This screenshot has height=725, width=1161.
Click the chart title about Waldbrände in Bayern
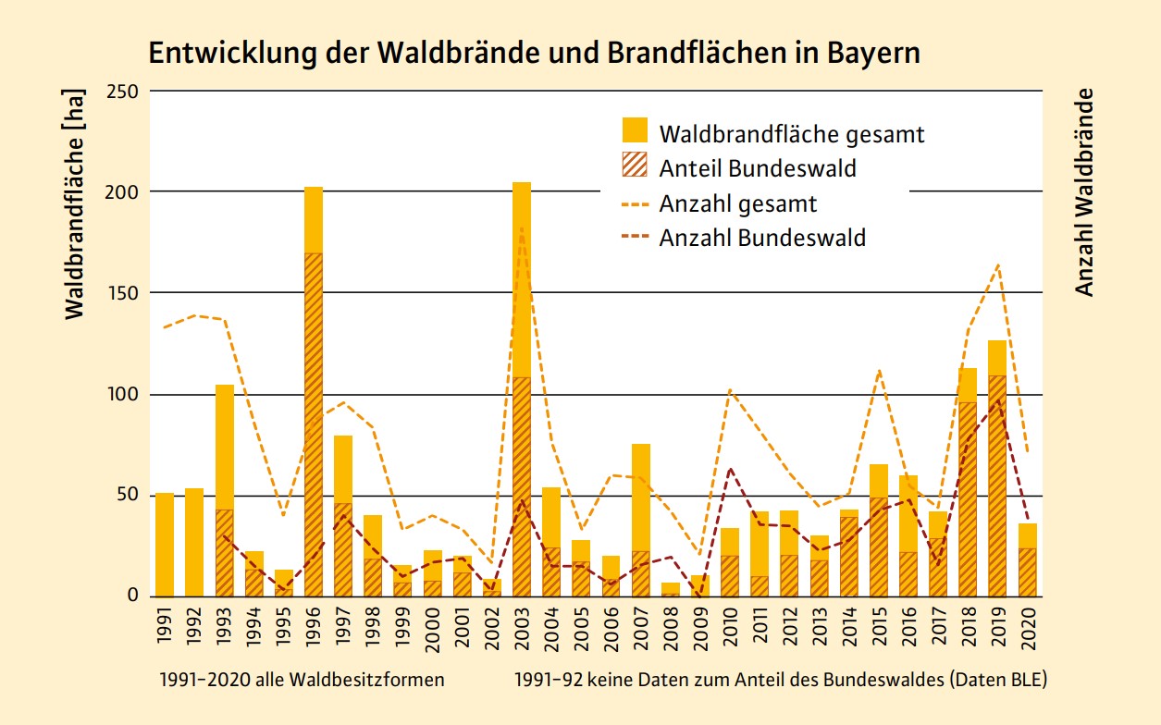point(535,53)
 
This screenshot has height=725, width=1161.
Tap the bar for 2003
point(522,388)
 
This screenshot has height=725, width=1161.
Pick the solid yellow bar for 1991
point(165,545)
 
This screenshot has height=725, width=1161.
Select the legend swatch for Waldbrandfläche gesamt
point(635,131)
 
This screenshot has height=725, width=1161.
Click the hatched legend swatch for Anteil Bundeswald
point(635,166)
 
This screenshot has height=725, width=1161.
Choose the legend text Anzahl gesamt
point(738,203)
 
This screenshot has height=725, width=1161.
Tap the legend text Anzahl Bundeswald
point(762,238)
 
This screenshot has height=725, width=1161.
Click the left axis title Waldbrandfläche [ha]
point(75,203)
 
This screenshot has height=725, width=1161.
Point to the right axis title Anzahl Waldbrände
point(1084,192)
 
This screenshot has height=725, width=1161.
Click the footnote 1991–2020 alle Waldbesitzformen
point(302,680)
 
